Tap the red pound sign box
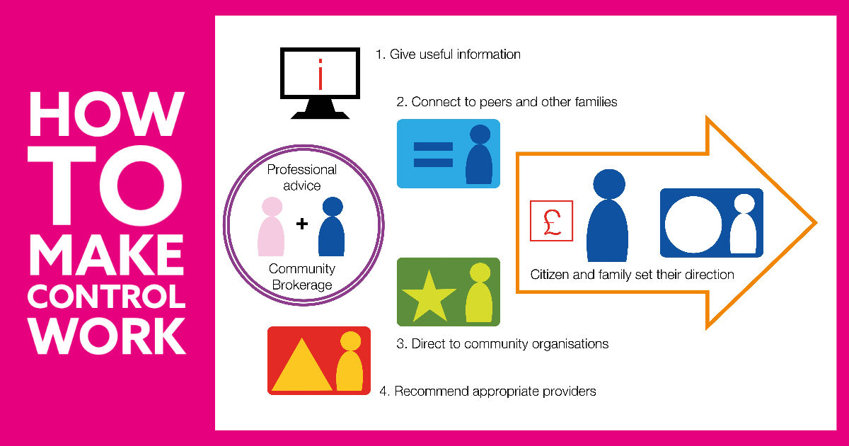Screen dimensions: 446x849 click(551, 221)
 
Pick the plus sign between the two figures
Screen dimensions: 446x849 click(302, 224)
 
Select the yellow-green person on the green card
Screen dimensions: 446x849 click(479, 293)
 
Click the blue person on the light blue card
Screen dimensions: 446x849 click(479, 155)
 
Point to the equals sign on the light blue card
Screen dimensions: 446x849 click(432, 154)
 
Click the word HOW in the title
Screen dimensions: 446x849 click(106, 113)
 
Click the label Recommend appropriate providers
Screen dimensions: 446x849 click(495, 391)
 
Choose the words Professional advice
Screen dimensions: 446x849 click(302, 178)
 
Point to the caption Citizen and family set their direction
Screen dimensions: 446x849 click(633, 275)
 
